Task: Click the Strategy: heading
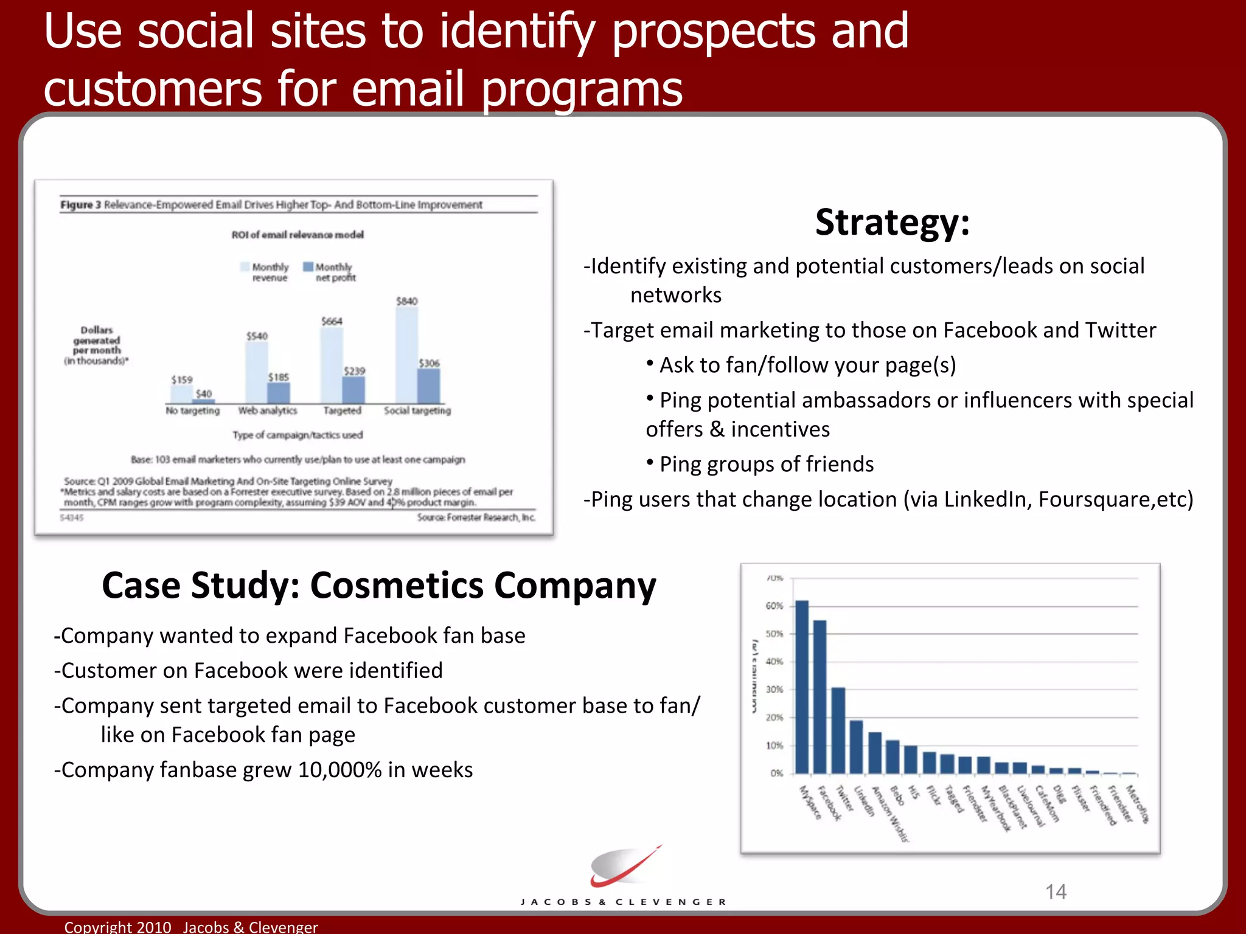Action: point(892,223)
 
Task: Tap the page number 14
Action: point(1056,891)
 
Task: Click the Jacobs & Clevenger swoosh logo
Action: point(624,867)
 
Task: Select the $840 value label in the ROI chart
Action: point(406,301)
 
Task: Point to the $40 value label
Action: point(204,393)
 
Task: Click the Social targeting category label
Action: point(417,410)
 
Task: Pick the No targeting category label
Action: point(192,410)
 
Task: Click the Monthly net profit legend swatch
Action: point(308,267)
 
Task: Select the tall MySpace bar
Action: point(802,687)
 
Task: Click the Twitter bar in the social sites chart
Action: point(838,730)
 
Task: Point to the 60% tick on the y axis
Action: point(774,606)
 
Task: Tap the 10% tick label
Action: point(774,745)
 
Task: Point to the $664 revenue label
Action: point(332,321)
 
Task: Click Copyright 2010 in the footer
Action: point(118,927)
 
